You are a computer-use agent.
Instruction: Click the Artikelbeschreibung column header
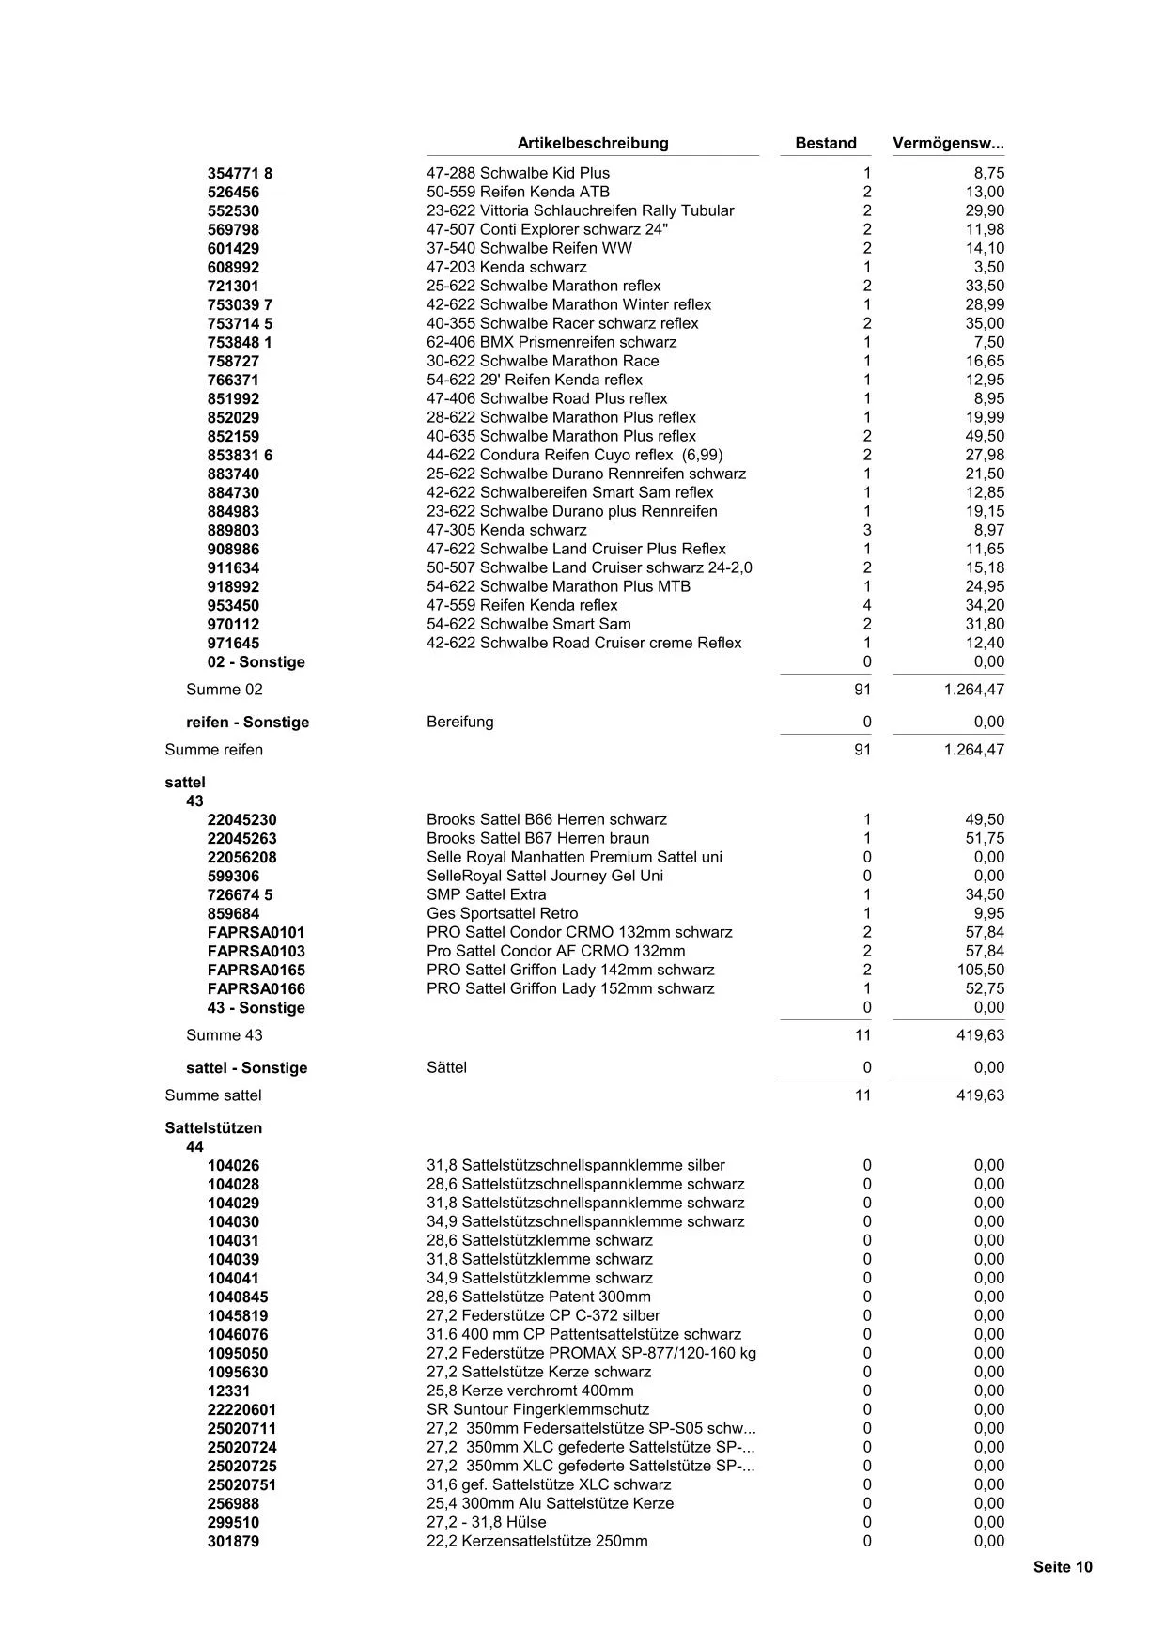(x=592, y=143)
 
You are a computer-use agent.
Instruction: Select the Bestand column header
(x=825, y=143)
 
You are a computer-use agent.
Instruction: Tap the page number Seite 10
(x=1063, y=1566)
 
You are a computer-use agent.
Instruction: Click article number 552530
(x=233, y=211)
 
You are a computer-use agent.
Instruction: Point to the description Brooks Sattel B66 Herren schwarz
(x=546, y=819)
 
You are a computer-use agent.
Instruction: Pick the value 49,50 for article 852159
(x=985, y=436)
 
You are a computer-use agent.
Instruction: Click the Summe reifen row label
(x=213, y=750)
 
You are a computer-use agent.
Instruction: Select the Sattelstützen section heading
(x=213, y=1127)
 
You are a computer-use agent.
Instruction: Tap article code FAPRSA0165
(x=256, y=970)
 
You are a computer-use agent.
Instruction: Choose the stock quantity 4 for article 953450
(x=867, y=605)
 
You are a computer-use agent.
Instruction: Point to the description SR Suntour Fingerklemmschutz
(x=537, y=1409)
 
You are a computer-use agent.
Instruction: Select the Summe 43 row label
(x=225, y=1035)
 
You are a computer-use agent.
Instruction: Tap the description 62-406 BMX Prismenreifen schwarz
(x=551, y=342)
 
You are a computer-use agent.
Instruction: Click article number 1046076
(x=237, y=1334)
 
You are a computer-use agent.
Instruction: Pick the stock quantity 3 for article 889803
(x=867, y=530)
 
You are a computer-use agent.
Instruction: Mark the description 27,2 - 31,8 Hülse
(x=486, y=1522)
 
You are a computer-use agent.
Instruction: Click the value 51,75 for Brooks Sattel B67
(x=985, y=838)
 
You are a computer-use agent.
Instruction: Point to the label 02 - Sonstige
(x=256, y=662)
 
